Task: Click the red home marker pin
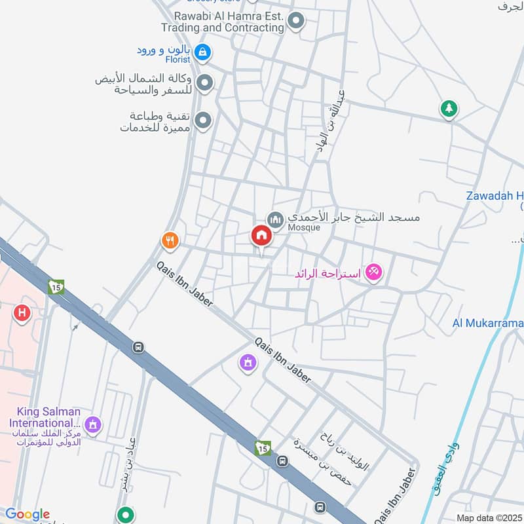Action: (x=261, y=236)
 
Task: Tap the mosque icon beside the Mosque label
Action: (x=274, y=218)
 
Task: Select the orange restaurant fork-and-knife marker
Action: (x=170, y=241)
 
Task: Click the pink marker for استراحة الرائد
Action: (x=373, y=271)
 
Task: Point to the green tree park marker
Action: (x=448, y=109)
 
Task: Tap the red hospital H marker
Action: (x=22, y=314)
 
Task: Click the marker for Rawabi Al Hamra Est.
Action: (x=296, y=22)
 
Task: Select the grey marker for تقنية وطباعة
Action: (x=204, y=120)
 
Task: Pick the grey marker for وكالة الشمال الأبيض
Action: (x=204, y=83)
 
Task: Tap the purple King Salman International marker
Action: (x=92, y=425)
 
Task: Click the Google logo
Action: (x=27, y=514)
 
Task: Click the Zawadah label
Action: (x=495, y=196)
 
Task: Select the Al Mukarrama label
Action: (x=488, y=323)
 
